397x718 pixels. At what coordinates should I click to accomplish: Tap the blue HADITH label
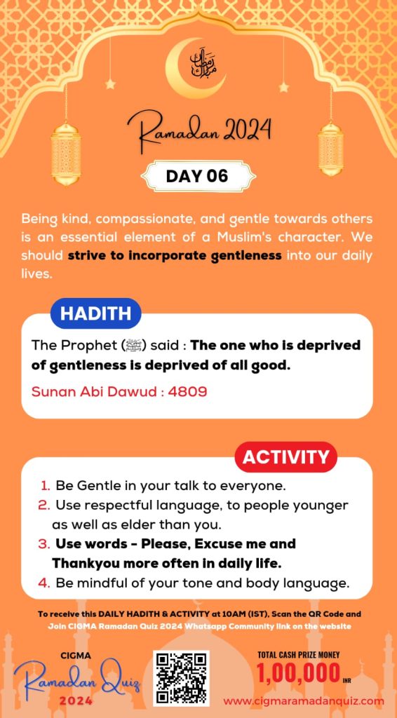pyautogui.click(x=95, y=314)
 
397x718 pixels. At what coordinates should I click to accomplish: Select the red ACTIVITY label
pyautogui.click(x=285, y=457)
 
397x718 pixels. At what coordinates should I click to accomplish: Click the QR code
pyautogui.click(x=181, y=677)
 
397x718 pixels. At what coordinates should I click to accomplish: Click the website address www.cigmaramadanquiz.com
pyautogui.click(x=304, y=700)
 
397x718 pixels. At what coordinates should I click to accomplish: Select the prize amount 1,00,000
pyautogui.click(x=297, y=675)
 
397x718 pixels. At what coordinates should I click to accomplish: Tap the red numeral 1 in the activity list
pyautogui.click(x=45, y=485)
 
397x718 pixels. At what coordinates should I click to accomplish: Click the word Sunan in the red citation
pyautogui.click(x=52, y=391)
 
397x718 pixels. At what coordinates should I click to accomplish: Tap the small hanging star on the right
pyautogui.click(x=283, y=87)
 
